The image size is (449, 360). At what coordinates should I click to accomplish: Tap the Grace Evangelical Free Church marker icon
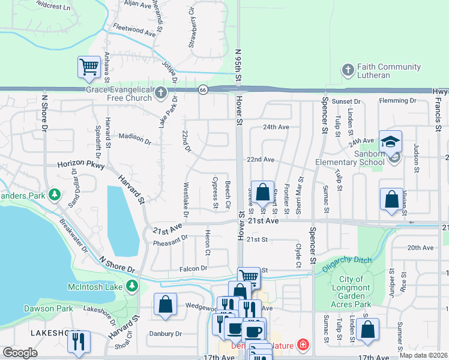tap(160, 93)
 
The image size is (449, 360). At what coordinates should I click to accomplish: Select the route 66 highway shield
tap(203, 89)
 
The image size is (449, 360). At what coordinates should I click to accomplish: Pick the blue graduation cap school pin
tap(390, 142)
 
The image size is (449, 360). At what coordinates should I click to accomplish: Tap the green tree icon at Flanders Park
tap(55, 194)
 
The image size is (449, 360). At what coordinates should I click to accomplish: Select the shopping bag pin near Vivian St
tap(391, 200)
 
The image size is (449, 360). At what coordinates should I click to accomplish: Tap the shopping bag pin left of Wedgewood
tap(165, 304)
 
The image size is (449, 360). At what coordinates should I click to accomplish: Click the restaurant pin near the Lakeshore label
tap(79, 341)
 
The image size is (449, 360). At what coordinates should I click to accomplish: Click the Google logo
tap(20, 353)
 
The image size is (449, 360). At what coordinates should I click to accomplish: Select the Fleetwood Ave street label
tap(134, 29)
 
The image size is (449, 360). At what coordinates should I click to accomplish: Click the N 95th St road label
tap(238, 66)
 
